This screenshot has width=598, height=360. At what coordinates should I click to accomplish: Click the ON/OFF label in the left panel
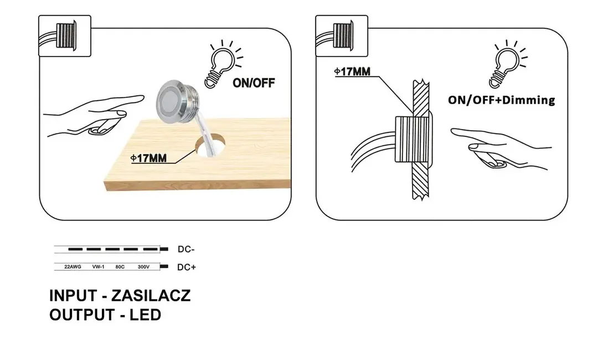pos(254,83)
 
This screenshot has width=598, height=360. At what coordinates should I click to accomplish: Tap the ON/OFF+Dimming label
pos(502,100)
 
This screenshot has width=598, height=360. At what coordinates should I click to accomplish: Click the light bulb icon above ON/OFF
pos(223,64)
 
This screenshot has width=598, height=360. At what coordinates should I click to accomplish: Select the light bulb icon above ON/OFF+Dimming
pos(508,64)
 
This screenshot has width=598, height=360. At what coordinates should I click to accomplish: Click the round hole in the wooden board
pos(210,146)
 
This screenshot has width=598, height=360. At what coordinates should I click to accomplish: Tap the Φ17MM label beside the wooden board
pos(149,158)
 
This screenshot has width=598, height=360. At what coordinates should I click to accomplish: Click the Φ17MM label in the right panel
pos(352,71)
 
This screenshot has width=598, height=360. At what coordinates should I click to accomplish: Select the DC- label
pos(186,249)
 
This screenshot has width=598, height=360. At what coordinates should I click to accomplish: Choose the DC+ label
pos(187,268)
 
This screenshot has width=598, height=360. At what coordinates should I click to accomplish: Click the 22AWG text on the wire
pos(73,267)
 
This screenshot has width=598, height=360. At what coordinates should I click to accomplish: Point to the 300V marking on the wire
pos(143,267)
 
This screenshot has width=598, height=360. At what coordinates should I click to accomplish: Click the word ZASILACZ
pos(151,296)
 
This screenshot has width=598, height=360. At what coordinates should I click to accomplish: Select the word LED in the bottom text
pos(145,315)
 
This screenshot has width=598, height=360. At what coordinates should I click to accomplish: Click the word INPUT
pos(73,296)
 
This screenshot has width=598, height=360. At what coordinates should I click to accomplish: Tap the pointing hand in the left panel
pos(94,116)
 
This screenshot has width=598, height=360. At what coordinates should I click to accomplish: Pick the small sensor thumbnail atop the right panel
pos(342,36)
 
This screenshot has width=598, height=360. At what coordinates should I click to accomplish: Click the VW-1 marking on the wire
pos(98,267)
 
